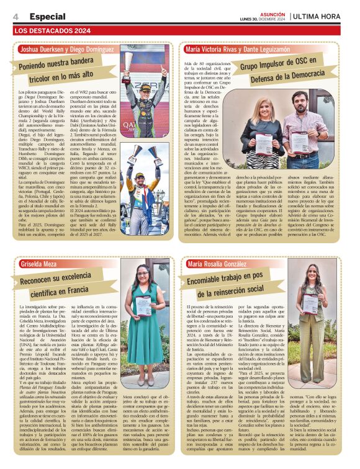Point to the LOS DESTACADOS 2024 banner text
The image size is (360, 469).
click(52, 30)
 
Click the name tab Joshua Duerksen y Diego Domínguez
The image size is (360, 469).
click(67, 48)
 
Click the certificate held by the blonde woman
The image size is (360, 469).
click(265, 145)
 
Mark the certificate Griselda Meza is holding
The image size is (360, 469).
click(144, 305)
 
